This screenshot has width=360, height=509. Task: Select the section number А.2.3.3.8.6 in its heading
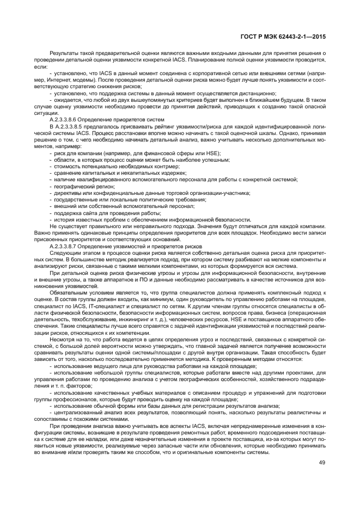coord(67,119)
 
